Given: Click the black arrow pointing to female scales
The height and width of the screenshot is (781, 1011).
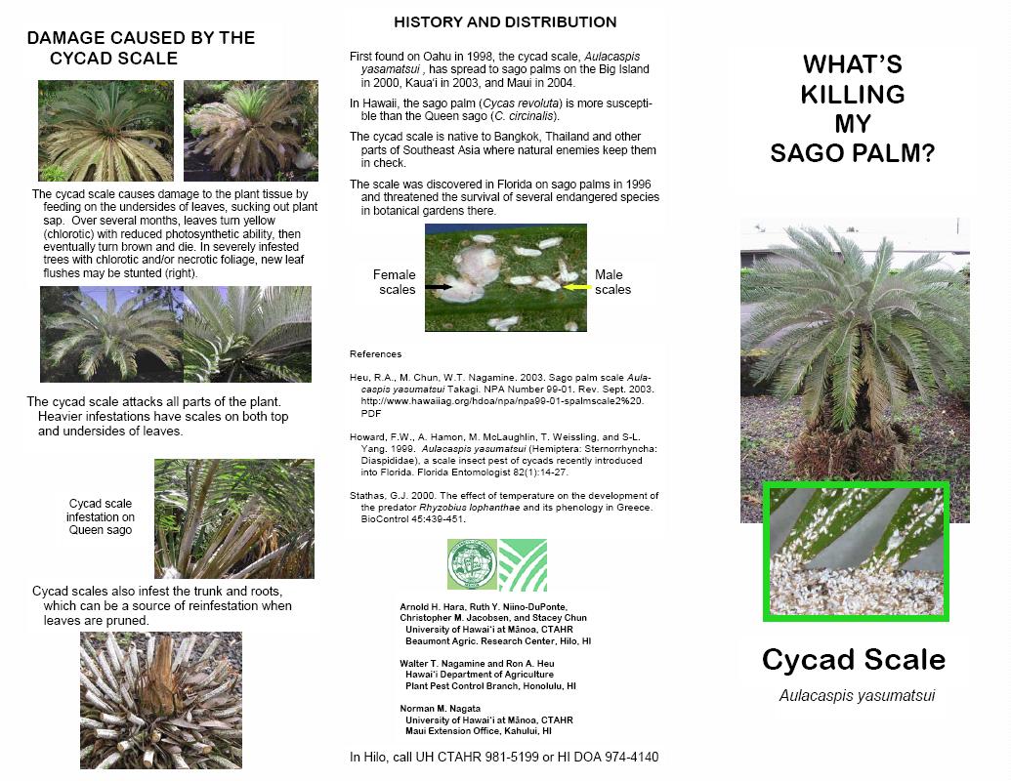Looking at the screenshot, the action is (438, 285).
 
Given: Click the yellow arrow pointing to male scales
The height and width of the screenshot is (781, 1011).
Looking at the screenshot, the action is (577, 286).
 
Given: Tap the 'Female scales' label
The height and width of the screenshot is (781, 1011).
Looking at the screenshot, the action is (394, 282).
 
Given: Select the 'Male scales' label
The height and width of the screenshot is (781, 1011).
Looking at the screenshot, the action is (612, 282).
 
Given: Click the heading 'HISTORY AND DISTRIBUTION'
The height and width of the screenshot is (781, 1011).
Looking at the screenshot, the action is (505, 21).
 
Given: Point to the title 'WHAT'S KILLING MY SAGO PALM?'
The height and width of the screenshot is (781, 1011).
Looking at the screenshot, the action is (853, 108).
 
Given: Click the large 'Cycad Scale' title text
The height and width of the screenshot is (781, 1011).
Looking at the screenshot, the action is (854, 659).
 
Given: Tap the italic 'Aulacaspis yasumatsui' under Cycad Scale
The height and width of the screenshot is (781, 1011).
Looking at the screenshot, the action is (857, 695).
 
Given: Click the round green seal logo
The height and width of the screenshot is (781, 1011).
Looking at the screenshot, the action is (472, 565).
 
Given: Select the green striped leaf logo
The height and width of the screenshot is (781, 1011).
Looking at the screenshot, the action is (523, 565).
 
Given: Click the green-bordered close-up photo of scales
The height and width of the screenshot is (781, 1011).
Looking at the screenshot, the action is (856, 552).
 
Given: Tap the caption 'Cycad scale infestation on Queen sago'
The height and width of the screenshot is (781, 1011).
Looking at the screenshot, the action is (101, 516).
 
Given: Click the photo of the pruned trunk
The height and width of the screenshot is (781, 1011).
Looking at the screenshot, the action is (160, 700).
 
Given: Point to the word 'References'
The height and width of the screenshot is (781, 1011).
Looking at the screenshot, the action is (375, 353).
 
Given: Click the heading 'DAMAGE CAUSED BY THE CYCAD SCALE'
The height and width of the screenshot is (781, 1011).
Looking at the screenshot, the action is (141, 48).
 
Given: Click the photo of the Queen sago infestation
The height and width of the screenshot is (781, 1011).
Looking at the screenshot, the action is (234, 518).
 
